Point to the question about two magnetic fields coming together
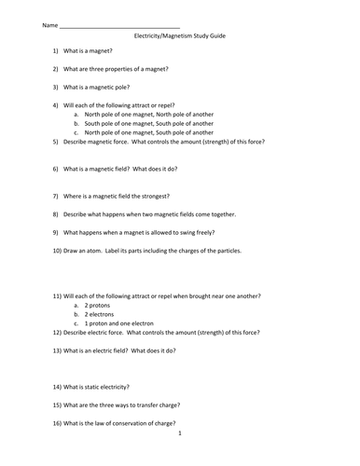click(x=149, y=214)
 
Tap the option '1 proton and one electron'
click(x=120, y=323)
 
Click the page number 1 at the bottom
click(x=180, y=433)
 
